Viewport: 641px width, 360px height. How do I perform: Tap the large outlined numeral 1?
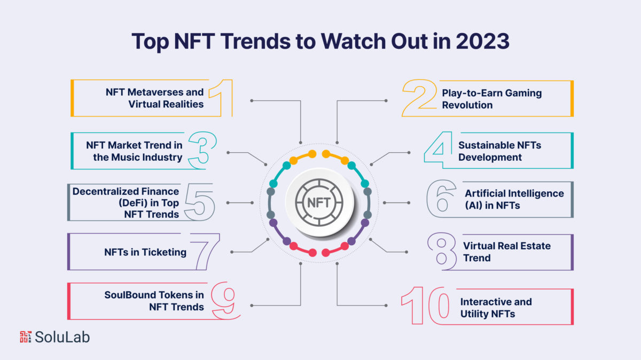(220, 98)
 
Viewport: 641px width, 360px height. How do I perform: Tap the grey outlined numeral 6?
(441, 199)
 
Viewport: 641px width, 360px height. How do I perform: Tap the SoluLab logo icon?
(26, 336)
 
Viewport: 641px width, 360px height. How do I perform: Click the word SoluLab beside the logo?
(62, 336)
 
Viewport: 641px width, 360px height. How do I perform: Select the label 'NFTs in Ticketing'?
(145, 252)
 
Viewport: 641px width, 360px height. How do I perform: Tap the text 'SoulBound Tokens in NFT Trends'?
(154, 301)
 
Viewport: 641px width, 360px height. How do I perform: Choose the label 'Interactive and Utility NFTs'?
(496, 308)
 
